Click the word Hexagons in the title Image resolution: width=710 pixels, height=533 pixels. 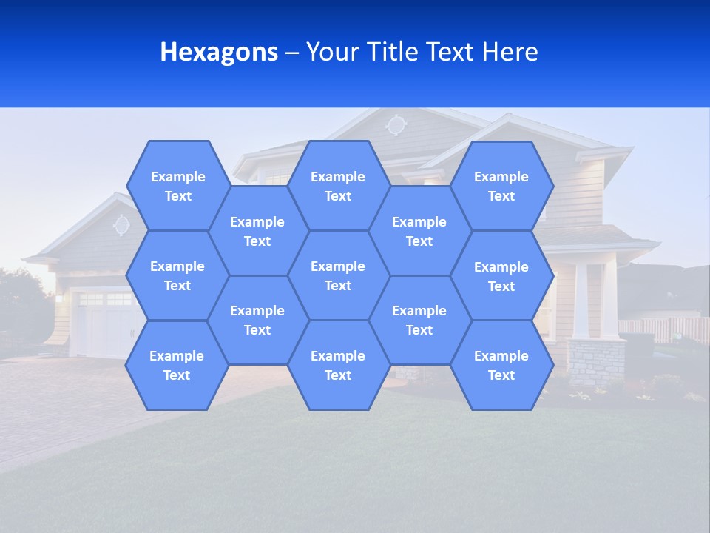pos(219,52)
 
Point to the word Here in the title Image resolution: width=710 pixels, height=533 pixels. pos(510,52)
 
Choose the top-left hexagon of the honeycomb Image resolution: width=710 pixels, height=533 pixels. pos(177,186)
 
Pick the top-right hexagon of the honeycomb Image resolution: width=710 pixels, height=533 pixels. pos(501,186)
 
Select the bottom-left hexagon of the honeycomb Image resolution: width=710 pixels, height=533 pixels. pos(177,365)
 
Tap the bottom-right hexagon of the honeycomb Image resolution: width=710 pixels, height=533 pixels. pos(501,365)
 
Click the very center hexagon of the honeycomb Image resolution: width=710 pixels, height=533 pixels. pos(338,275)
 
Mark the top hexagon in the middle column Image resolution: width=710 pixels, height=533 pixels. pos(338,186)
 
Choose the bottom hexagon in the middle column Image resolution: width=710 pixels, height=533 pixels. pos(338,365)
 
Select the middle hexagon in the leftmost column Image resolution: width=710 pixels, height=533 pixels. pos(177,275)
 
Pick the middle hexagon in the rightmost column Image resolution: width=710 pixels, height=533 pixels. pos(501,276)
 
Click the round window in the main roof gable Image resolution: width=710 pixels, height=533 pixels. pos(396,124)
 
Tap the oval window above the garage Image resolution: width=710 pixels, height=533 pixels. pos(121,224)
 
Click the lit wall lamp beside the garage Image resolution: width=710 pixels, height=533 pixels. pos(59,298)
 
